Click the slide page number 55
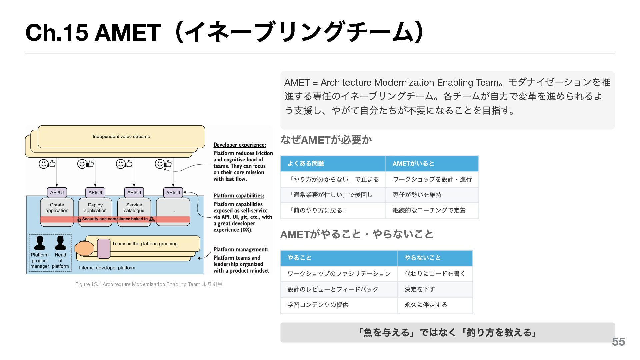point(618,342)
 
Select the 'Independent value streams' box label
point(121,136)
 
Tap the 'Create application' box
point(57,208)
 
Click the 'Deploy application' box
point(95,208)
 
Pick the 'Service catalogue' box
point(134,208)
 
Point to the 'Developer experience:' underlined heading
point(240,145)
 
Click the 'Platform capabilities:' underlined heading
point(239,196)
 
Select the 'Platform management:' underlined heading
point(241,250)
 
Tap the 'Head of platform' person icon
point(60,243)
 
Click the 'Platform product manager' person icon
point(40,243)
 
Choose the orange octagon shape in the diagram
point(84,249)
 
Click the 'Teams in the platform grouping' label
point(145,244)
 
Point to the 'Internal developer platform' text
point(107,268)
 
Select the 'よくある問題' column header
point(306,163)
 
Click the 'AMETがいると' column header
point(413,163)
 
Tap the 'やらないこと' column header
point(423,258)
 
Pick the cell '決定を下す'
point(420,289)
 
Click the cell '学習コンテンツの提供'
point(318,305)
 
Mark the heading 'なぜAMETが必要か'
point(326,140)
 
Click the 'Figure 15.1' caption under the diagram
point(149,284)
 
